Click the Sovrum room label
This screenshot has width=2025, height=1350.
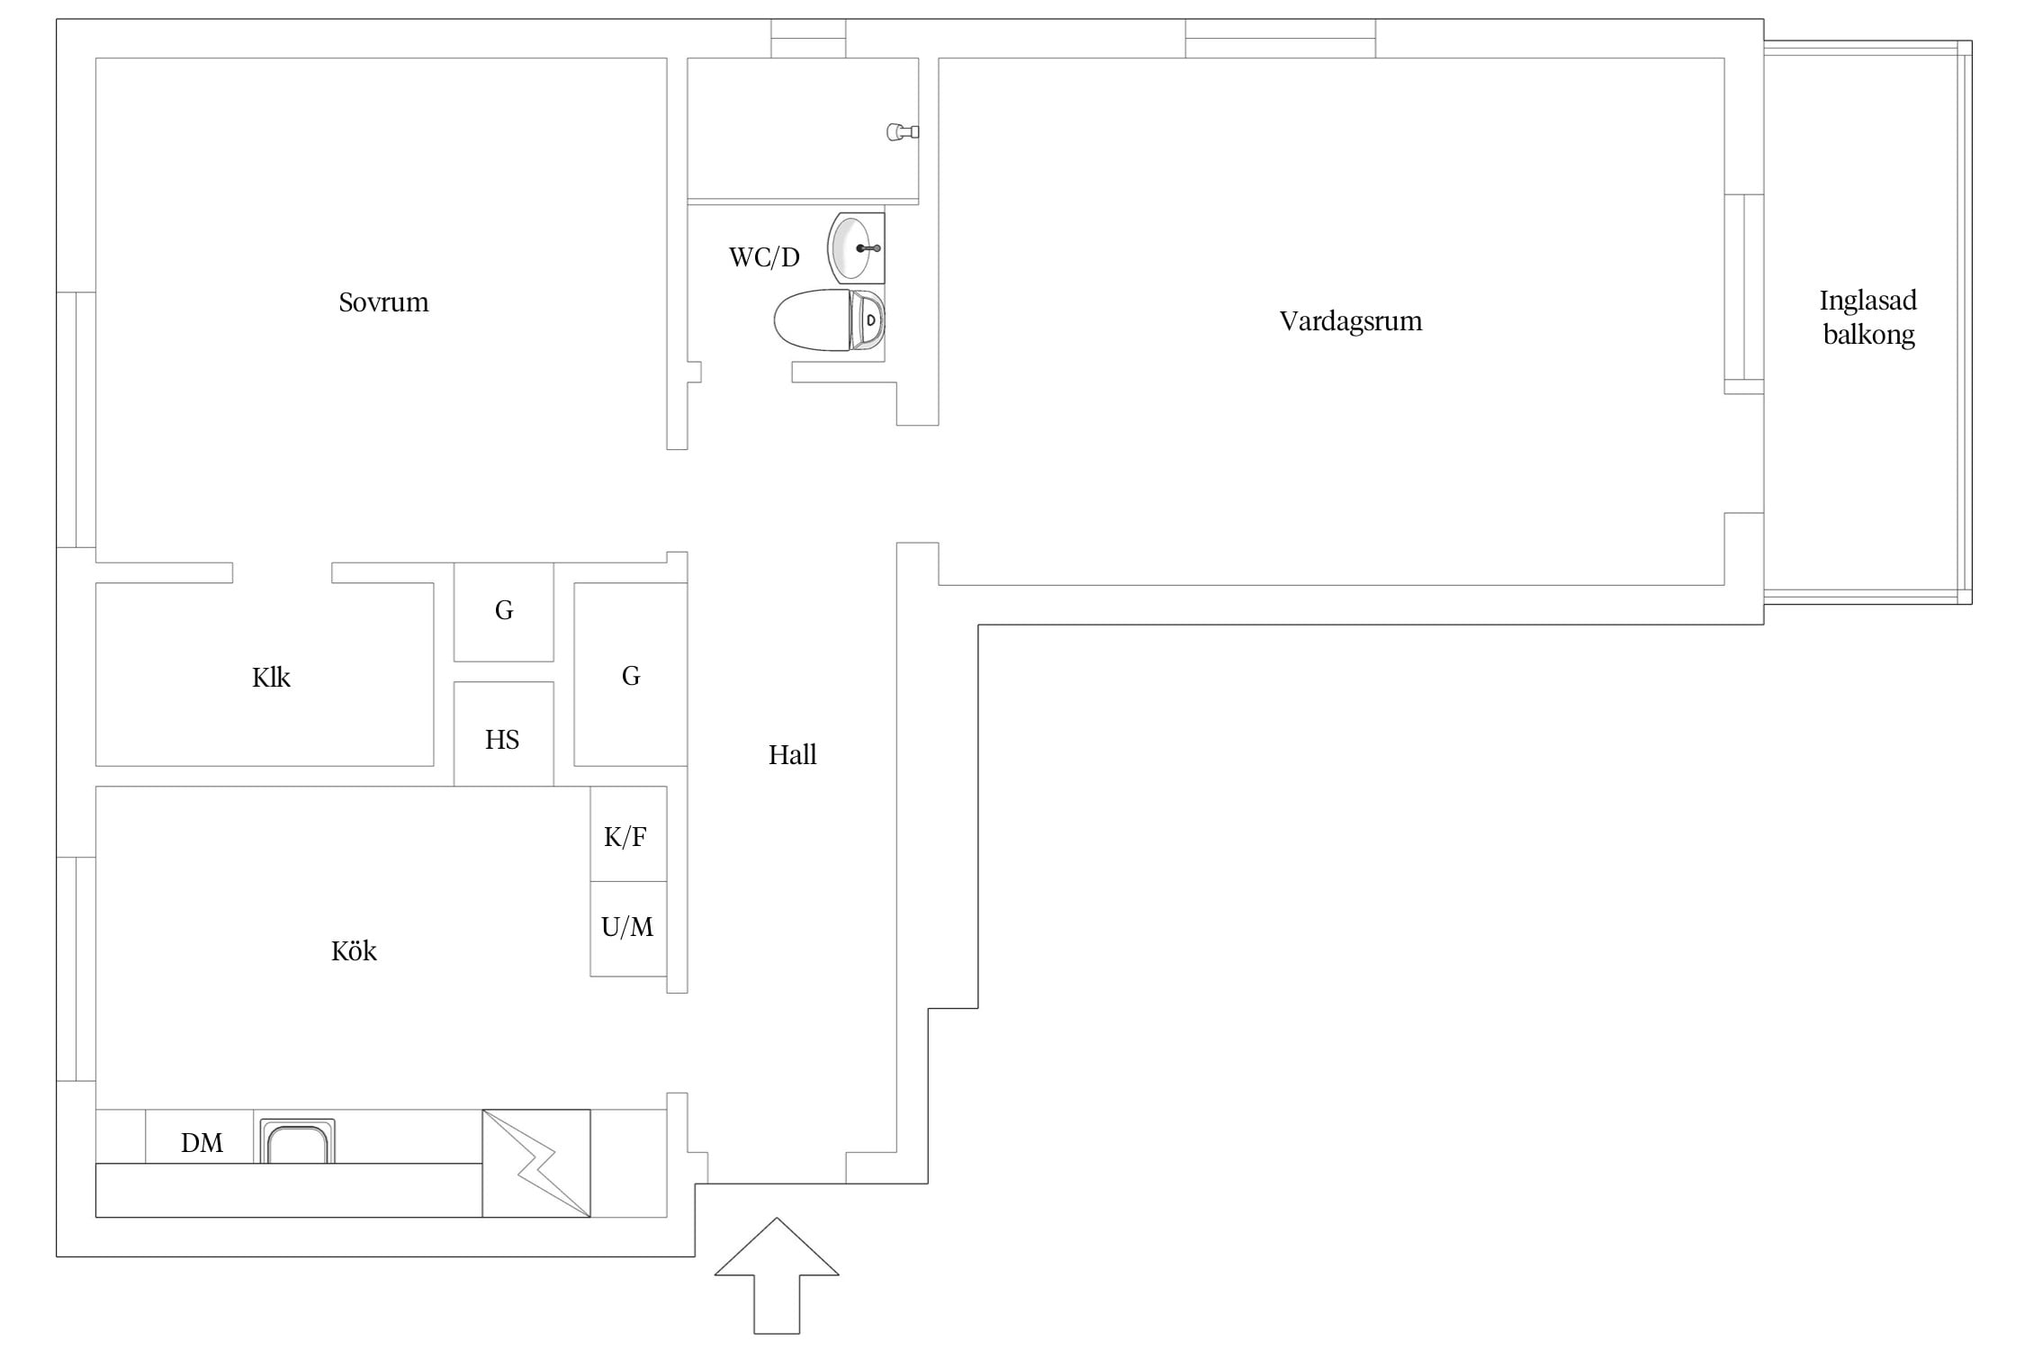coord(383,302)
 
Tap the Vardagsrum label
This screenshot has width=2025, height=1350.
coord(1351,322)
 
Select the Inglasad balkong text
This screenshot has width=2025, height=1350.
coord(1868,318)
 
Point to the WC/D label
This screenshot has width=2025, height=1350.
coord(764,258)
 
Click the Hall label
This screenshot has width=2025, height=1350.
coord(792,755)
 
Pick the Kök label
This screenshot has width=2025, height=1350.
coord(354,951)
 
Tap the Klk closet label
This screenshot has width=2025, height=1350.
coord(271,678)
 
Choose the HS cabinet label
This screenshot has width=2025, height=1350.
coord(502,741)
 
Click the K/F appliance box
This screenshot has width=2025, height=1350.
coord(628,833)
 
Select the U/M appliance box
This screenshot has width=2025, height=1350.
coord(628,929)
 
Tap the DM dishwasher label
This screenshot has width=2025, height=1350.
coord(202,1143)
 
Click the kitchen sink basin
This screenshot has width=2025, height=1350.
coord(298,1142)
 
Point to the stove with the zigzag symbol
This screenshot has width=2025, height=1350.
coord(536,1164)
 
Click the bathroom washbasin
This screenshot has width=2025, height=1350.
coord(856,248)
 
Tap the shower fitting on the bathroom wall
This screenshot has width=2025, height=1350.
coord(903,132)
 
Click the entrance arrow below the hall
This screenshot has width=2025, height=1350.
coord(777,1275)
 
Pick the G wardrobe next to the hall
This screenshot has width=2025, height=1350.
coord(631,675)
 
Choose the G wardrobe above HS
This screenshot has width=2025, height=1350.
coord(504,612)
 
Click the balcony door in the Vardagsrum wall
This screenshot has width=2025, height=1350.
coord(1744,294)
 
